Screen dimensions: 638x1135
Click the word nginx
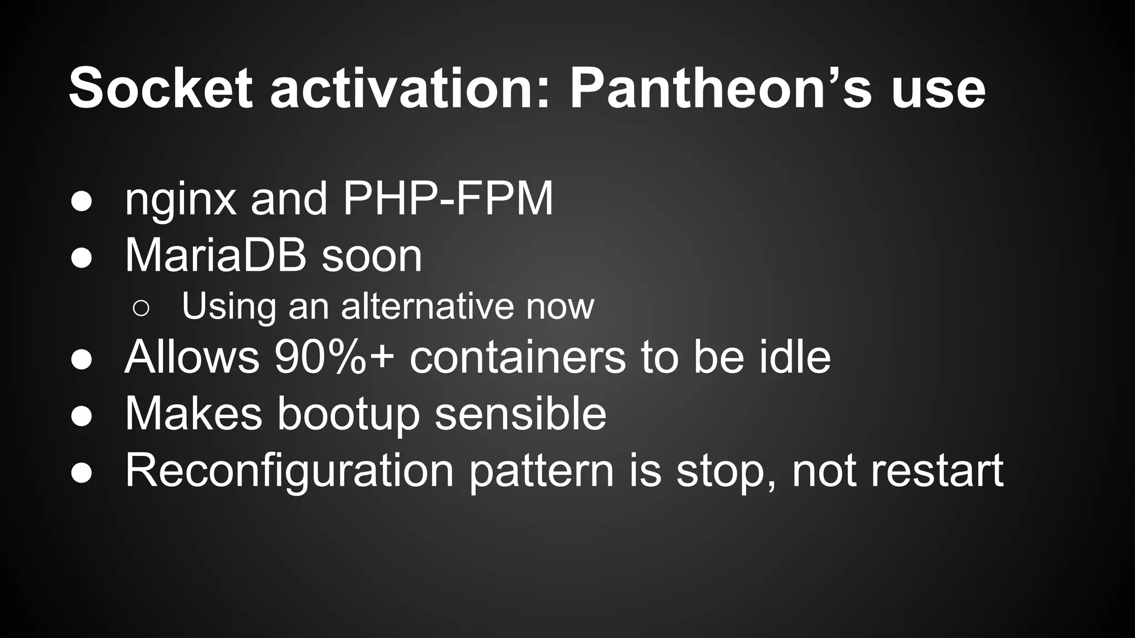[x=181, y=199]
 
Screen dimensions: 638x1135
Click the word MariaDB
[x=216, y=255]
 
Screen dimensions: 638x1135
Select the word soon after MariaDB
[x=372, y=256]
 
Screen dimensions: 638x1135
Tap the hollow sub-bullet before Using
[x=141, y=308]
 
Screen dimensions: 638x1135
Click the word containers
[x=518, y=357]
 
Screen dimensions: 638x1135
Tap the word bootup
[x=349, y=414]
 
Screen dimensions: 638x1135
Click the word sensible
[x=520, y=414]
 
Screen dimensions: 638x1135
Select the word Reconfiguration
[x=289, y=471]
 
